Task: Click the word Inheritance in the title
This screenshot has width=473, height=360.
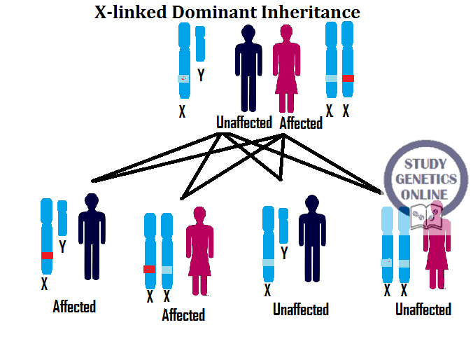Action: pos(318,12)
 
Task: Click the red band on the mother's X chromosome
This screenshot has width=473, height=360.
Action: pos(348,78)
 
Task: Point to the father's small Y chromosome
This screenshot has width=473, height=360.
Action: pos(200,43)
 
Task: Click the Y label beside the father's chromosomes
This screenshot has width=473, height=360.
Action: pos(202,75)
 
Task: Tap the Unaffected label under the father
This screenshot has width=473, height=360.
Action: pos(243,123)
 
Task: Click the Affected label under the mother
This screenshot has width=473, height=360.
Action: pos(301,123)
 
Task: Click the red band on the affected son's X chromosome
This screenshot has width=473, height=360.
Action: pos(47,256)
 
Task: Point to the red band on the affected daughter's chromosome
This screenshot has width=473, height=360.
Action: pos(149,269)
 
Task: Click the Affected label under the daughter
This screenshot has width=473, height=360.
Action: pos(183,315)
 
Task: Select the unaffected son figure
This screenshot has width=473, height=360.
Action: pos(312,238)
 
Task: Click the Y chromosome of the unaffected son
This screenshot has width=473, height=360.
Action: pos(283,224)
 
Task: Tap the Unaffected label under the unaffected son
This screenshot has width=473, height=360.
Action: pos(301,309)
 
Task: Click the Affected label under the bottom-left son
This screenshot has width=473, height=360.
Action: pos(74,306)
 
